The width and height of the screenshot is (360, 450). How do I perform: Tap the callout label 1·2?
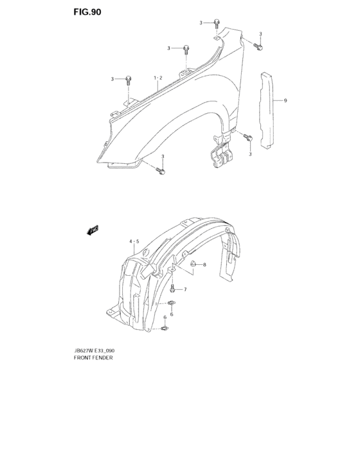pos(157,78)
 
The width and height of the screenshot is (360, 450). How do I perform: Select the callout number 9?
pos(285,101)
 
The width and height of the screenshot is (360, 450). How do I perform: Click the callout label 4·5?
pos(134,242)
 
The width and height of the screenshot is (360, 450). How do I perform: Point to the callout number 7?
pos(184,290)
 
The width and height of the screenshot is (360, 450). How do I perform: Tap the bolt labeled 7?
pos(173,289)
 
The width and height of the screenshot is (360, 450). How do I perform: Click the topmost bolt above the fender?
pos(217,24)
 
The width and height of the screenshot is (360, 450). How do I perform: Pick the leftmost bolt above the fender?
pos(129,80)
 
